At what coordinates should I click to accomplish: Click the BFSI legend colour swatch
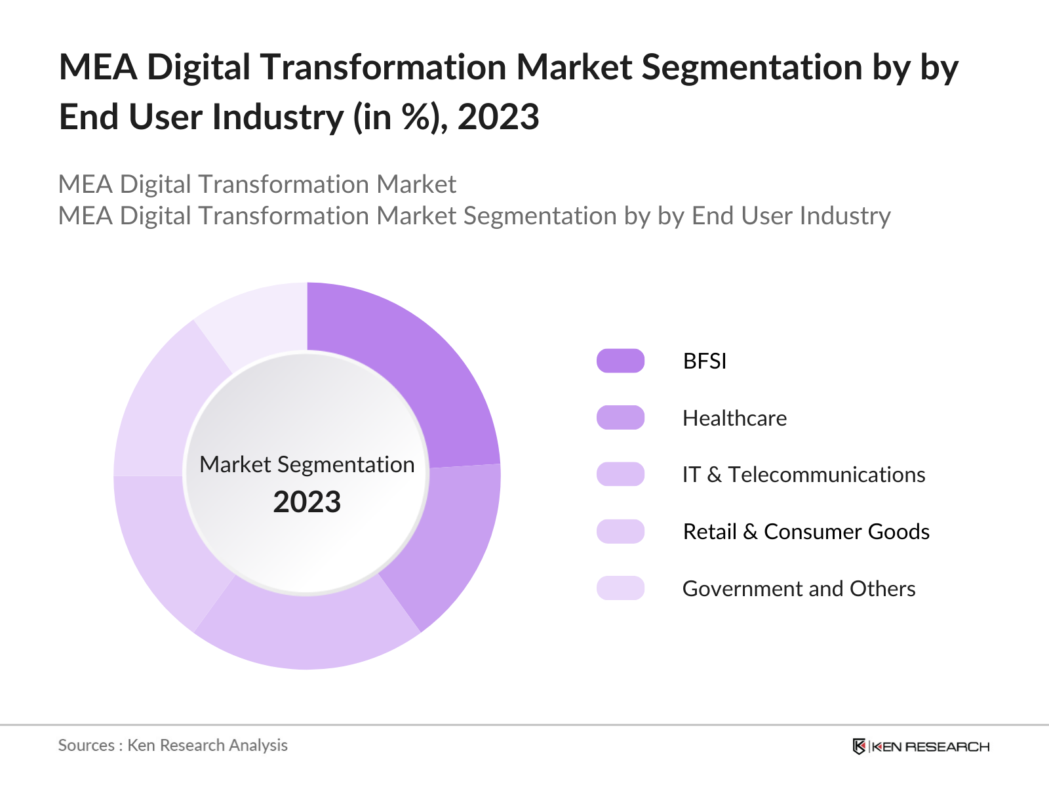[620, 361]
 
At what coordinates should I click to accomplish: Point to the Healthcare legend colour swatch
[620, 418]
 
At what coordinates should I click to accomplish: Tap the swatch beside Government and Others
[620, 588]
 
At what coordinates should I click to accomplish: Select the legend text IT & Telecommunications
[803, 474]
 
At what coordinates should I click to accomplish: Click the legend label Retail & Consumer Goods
[806, 531]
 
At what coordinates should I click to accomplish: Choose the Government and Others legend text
[799, 588]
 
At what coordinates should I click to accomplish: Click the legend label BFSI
[704, 361]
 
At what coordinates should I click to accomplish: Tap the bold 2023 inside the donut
[307, 502]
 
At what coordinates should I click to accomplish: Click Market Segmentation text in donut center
[307, 464]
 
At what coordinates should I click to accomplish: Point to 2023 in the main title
[498, 117]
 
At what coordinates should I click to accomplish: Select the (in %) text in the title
[401, 117]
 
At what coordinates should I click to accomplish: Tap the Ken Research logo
[920, 746]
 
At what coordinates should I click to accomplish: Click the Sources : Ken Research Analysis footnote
[172, 745]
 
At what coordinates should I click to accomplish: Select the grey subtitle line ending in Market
[257, 184]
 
